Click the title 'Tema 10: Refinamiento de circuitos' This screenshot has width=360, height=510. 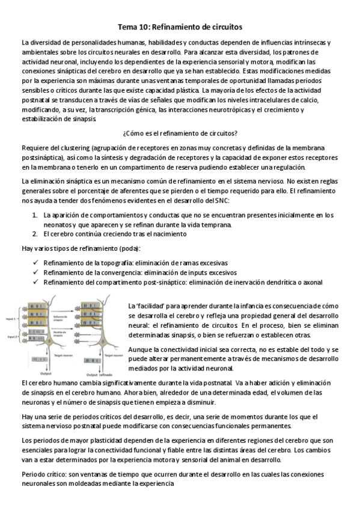[180, 28]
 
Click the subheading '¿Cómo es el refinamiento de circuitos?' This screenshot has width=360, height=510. [180, 133]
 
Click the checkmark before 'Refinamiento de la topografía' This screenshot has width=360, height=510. [37, 263]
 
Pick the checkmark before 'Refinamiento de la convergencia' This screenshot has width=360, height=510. [37, 272]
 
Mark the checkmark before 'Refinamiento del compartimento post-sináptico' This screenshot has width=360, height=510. [37, 282]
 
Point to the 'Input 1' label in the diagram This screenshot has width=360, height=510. [10, 318]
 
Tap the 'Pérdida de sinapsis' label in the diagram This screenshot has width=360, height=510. [61, 333]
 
